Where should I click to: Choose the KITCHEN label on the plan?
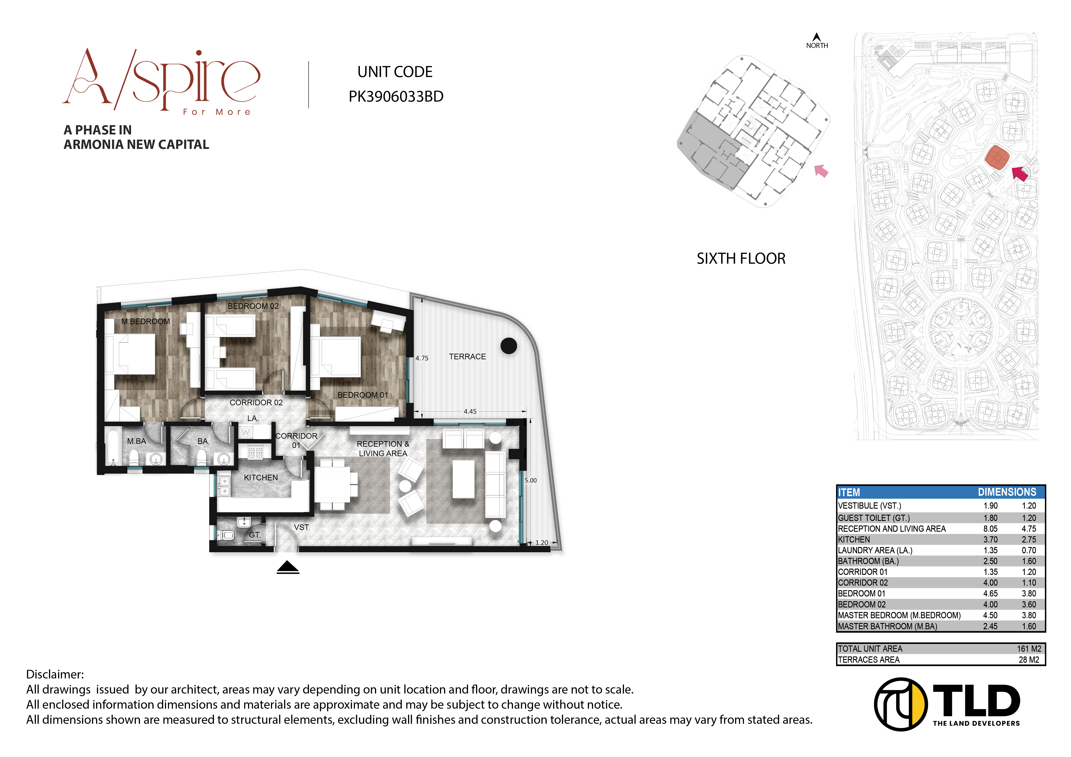261,478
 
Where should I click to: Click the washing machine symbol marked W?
246,432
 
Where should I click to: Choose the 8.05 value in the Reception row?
990,529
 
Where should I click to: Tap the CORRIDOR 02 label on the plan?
256,403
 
